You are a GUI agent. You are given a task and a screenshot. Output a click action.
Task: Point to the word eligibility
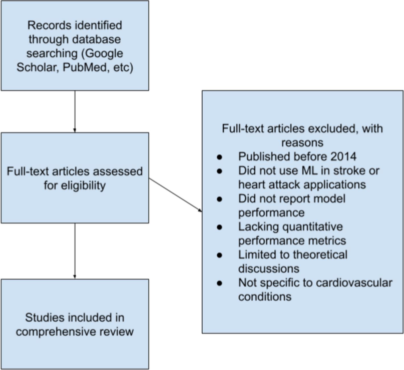[x=75, y=186]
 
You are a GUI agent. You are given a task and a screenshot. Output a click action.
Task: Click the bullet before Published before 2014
[x=219, y=157]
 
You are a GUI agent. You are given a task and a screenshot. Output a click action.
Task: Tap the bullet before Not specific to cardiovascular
[x=219, y=283]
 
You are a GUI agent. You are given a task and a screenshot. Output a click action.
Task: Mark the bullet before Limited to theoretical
[x=219, y=255]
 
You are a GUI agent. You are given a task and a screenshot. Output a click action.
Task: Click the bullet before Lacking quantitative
[x=219, y=227]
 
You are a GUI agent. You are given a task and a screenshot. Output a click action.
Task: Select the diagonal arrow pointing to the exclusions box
[x=176, y=195]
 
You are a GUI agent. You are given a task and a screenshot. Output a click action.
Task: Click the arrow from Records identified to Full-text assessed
[x=75, y=111]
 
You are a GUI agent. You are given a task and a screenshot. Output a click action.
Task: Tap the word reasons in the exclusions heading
[x=302, y=142]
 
